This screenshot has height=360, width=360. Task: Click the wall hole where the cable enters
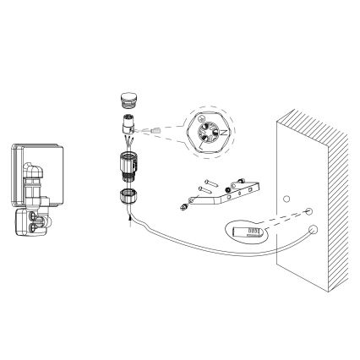pos(312,229)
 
